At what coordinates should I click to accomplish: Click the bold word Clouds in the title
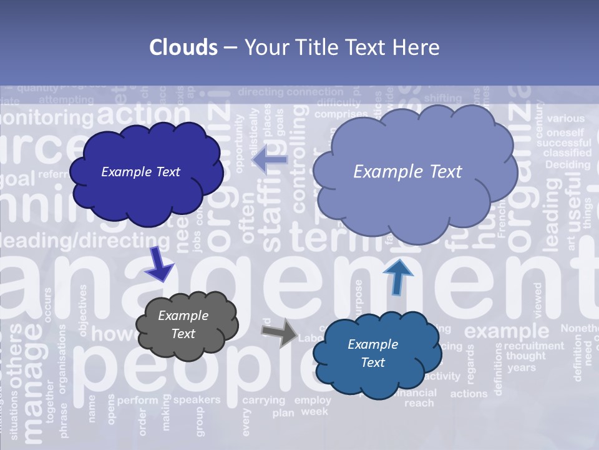183,47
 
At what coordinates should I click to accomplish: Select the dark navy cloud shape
145,172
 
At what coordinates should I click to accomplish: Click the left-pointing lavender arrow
270,160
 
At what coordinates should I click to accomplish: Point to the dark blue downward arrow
159,264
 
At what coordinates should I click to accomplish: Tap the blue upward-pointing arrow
397,276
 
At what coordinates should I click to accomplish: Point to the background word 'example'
506,331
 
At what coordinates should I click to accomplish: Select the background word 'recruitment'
533,346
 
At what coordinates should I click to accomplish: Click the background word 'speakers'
197,399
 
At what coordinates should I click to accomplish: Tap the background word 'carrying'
263,400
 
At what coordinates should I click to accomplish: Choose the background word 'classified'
567,152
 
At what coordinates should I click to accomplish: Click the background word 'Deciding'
567,165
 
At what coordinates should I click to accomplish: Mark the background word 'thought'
525,356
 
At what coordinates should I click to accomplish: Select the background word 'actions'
469,394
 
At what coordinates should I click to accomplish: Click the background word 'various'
565,118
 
